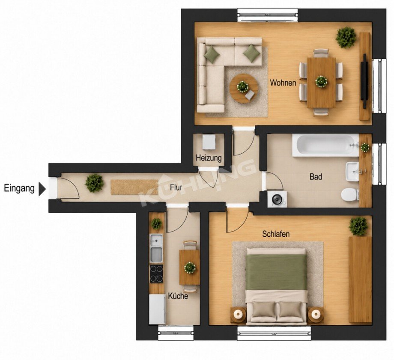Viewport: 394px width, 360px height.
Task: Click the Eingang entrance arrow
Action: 42,188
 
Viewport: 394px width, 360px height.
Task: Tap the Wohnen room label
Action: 283,82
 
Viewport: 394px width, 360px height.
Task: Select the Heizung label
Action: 209,158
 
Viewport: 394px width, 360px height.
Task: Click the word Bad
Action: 316,177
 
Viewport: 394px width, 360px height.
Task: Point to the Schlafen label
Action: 276,234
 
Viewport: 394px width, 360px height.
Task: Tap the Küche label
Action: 178,296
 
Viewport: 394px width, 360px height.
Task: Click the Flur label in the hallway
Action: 176,187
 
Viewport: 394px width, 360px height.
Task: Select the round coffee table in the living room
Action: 244,89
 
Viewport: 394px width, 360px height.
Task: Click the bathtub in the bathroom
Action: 325,146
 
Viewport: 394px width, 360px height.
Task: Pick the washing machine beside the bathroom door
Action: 277,199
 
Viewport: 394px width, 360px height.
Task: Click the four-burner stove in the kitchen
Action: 156,274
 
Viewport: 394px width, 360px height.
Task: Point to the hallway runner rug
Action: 134,187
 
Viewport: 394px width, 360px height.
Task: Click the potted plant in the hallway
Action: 95,183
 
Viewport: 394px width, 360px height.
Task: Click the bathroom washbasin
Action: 353,172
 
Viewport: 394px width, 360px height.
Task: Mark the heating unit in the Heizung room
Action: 209,142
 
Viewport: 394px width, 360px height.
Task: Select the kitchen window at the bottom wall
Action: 176,333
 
